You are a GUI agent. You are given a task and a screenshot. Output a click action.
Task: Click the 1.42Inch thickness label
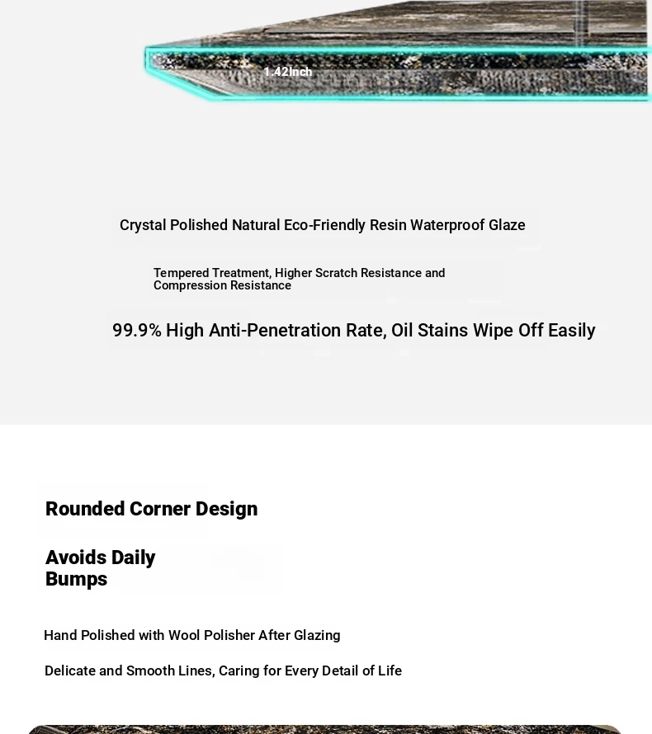(288, 72)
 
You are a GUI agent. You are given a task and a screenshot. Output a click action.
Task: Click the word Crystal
(143, 225)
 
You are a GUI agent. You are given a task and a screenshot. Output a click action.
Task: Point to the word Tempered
(181, 273)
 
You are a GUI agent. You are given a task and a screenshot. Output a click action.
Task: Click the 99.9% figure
(136, 331)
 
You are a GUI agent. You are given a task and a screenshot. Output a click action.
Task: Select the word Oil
(402, 331)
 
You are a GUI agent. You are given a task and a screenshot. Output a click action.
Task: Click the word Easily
(571, 331)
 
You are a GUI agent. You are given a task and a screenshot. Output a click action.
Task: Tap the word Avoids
(75, 558)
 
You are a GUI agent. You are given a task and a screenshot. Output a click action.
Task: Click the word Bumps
(76, 579)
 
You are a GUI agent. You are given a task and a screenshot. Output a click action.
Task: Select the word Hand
(60, 636)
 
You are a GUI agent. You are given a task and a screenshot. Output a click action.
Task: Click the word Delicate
(69, 671)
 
